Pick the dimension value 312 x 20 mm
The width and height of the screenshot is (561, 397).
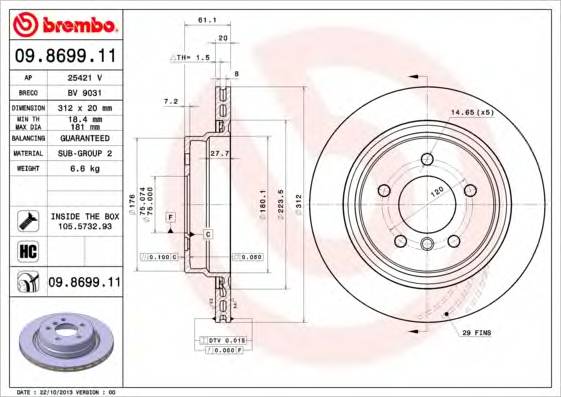click(88, 107)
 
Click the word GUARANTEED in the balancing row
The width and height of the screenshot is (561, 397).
click(88, 138)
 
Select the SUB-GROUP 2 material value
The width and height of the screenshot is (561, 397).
click(88, 154)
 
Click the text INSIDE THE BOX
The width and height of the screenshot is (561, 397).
click(85, 216)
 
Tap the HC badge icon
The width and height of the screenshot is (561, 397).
click(29, 250)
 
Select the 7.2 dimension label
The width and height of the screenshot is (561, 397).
click(170, 101)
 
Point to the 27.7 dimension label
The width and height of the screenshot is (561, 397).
click(220, 152)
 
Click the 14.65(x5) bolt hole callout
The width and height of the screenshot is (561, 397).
click(472, 112)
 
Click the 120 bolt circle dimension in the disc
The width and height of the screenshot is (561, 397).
click(436, 190)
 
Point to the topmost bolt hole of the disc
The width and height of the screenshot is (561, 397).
click(427, 159)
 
